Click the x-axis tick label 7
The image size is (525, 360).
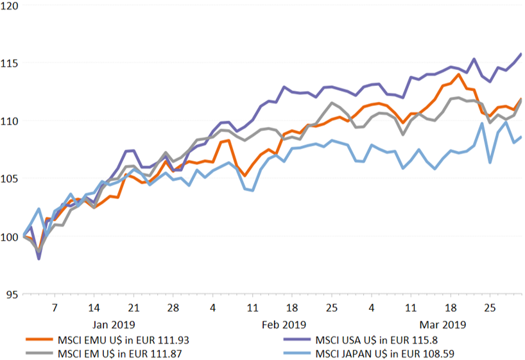pos(55,307)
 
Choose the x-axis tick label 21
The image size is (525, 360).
pos(133,307)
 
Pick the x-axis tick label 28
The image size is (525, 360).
pos(173,307)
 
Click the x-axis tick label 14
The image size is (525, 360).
pos(94,307)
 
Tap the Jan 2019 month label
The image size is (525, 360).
pos(114,324)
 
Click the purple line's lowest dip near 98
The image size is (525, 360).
pos(39,259)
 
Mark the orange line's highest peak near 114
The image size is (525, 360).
pos(458,74)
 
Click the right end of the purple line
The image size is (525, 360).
pos(521,54)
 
